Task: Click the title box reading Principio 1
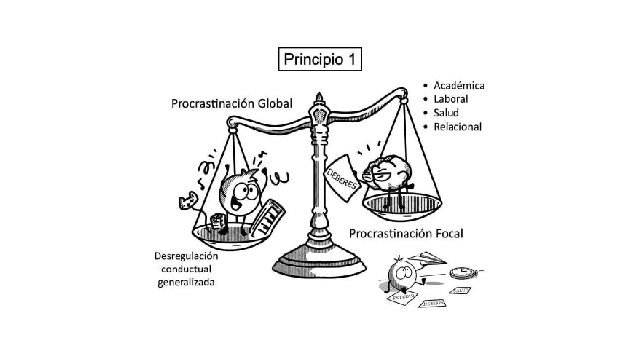[x=320, y=59]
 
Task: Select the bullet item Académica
[x=458, y=85]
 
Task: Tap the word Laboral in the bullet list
[x=451, y=99]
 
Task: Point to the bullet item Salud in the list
[x=446, y=113]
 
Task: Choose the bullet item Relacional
[x=457, y=127]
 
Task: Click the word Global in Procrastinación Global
[x=272, y=104]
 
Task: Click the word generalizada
[x=186, y=283]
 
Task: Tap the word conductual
[x=185, y=270]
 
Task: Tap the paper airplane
[x=427, y=258]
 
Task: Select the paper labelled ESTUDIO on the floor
[x=400, y=297]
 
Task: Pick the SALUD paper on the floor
[x=460, y=290]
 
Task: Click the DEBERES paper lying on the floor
[x=432, y=303]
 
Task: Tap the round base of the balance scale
[x=319, y=262]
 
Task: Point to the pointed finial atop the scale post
[x=319, y=96]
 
